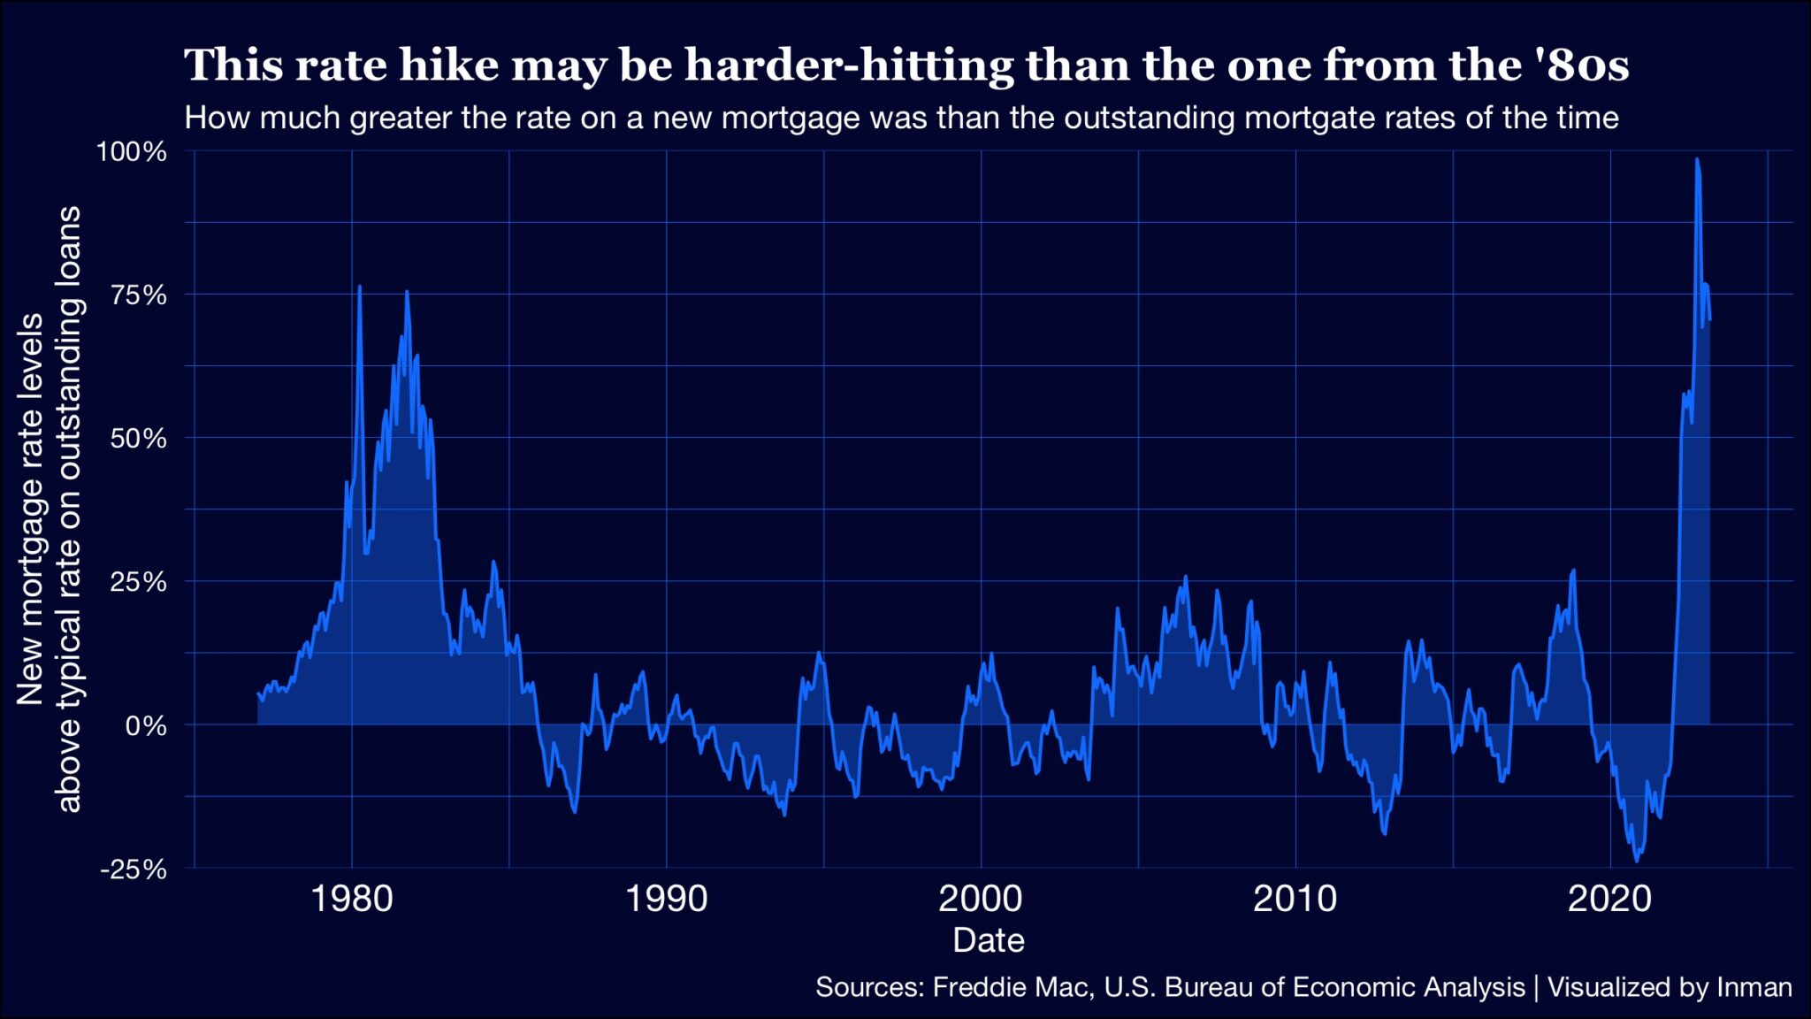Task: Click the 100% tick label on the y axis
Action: tap(132, 151)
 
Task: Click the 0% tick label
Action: tap(146, 725)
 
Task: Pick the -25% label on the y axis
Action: tap(134, 869)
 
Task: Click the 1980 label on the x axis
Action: tap(352, 899)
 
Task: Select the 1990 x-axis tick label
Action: tap(667, 899)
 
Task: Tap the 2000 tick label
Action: tap(981, 899)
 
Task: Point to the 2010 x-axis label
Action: tap(1295, 899)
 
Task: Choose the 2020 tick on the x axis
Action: tap(1609, 899)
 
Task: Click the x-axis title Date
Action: tap(989, 939)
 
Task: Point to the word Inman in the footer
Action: tap(1754, 987)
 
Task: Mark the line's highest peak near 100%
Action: tap(1697, 160)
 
